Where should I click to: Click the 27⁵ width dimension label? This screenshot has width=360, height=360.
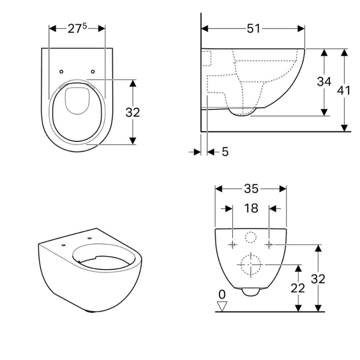77,29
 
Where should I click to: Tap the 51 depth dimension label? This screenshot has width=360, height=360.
253,29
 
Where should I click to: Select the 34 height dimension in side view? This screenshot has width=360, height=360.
324,82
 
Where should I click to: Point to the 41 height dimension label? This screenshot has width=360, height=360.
343,90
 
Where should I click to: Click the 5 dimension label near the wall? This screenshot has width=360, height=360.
225,152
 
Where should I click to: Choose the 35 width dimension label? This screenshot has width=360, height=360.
251,189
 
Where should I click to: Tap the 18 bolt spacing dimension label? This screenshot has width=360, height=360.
251,208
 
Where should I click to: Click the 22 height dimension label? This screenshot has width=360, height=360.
297,288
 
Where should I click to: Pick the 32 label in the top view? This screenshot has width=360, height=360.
133,112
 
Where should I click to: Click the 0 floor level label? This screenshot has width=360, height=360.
222,294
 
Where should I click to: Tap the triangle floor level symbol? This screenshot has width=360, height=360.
222,306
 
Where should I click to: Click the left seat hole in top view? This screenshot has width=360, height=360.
62,72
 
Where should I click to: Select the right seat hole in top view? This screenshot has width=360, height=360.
93,72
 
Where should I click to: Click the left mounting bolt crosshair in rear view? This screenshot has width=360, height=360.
232,245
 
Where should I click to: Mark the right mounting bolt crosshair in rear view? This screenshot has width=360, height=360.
269,245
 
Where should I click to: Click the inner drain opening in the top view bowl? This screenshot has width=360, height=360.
77,101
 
